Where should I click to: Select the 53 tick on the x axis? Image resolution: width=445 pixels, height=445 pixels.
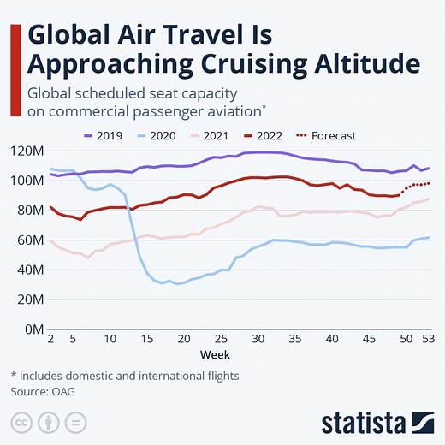point(428,340)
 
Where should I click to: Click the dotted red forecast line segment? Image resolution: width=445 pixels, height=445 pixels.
point(416,185)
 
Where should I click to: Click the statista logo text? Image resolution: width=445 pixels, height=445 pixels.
point(363,423)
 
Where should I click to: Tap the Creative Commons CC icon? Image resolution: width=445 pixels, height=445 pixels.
point(22,423)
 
